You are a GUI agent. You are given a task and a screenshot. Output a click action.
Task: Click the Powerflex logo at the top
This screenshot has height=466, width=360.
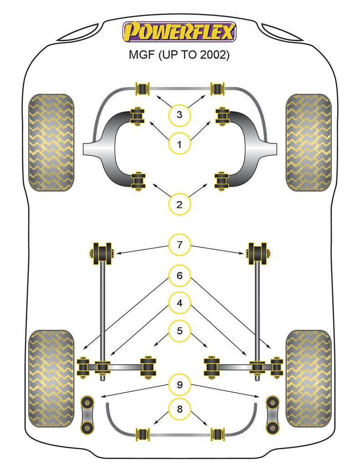(x=179, y=32)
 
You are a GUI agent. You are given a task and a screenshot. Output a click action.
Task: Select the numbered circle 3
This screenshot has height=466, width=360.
(x=179, y=115)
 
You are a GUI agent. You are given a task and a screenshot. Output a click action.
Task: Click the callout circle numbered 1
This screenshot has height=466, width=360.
(x=179, y=145)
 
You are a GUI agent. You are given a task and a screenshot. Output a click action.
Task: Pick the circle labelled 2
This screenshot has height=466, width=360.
(x=179, y=205)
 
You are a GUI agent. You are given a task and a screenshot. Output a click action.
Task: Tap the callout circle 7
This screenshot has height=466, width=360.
(x=179, y=245)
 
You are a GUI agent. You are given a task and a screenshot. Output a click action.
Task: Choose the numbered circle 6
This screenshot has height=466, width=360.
(x=179, y=275)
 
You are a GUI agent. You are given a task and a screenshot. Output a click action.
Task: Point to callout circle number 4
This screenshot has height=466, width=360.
(x=179, y=303)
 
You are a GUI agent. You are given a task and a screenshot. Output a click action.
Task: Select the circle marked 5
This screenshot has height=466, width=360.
(x=179, y=331)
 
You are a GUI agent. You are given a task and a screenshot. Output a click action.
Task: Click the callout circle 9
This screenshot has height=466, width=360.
(x=179, y=385)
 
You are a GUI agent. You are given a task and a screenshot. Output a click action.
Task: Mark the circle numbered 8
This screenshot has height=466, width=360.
(x=179, y=409)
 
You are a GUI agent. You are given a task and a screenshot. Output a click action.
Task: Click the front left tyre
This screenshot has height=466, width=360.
(x=51, y=142)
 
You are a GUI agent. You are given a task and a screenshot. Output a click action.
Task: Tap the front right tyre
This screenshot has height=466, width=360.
(x=308, y=142)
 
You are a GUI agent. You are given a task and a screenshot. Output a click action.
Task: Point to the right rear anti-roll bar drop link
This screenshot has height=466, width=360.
(x=272, y=415)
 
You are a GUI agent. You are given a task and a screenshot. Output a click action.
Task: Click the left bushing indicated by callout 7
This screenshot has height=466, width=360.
(x=103, y=253)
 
